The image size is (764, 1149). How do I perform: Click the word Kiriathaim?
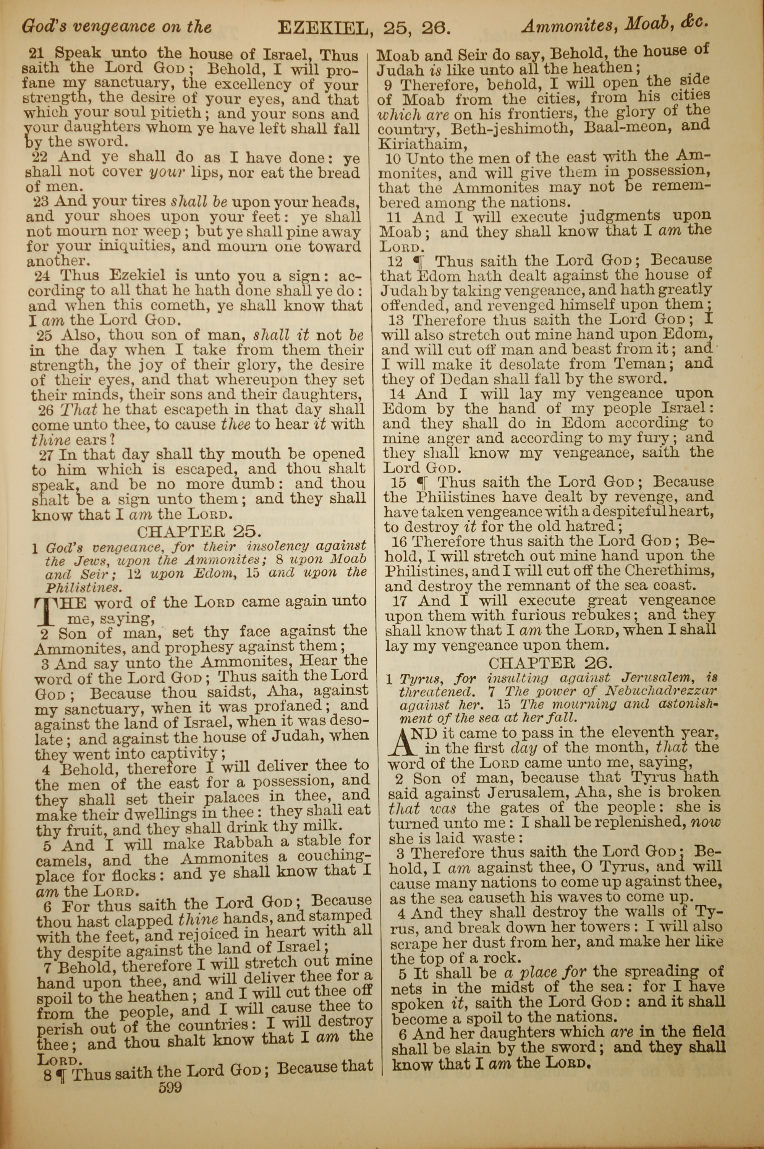(419, 145)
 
